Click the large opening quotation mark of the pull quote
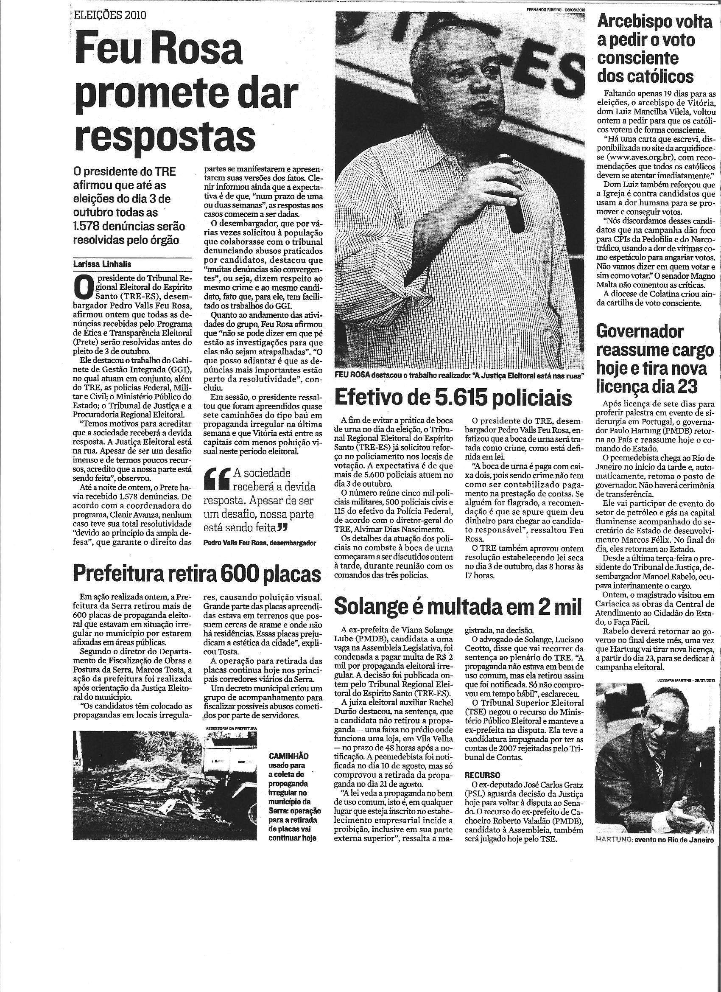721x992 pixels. tap(220, 479)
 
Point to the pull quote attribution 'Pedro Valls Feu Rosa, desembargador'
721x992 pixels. tap(259, 543)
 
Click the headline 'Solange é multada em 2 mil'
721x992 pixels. tap(458, 607)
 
